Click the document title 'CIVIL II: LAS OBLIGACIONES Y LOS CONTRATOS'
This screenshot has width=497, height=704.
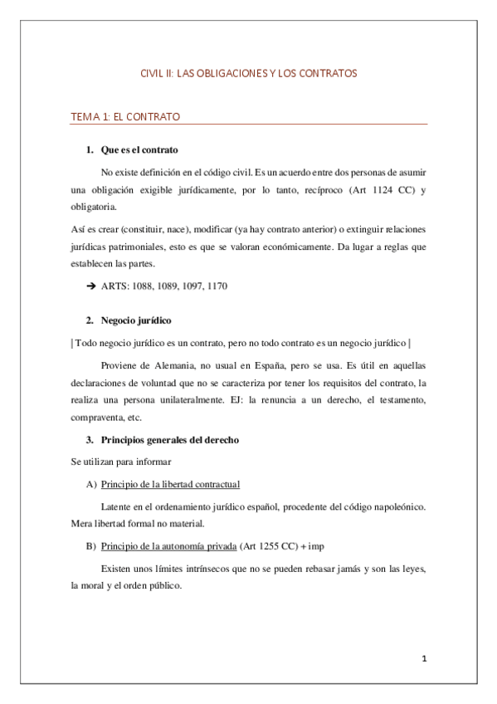[248, 74]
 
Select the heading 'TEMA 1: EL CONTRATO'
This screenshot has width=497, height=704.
[125, 117]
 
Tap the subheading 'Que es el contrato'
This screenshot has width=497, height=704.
[138, 150]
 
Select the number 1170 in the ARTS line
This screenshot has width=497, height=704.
[213, 286]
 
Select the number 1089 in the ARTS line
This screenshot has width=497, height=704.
[162, 286]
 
